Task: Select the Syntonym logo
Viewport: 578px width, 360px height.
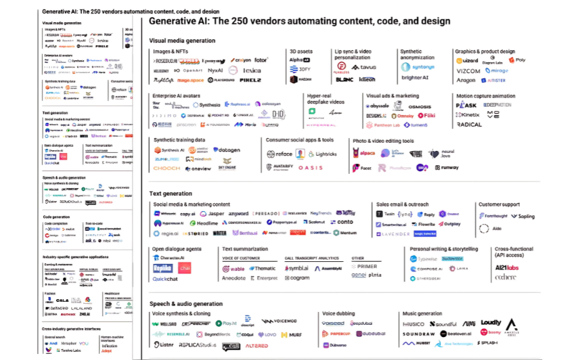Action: (x=418, y=67)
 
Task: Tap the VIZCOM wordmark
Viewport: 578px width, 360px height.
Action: (x=468, y=71)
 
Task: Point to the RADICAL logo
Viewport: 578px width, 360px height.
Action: (x=469, y=125)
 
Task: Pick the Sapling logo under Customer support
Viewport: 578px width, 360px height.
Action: (x=523, y=217)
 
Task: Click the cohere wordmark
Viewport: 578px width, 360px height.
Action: (x=505, y=277)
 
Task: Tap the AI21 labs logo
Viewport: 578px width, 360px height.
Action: (x=506, y=268)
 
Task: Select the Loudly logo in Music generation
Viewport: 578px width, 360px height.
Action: (x=491, y=323)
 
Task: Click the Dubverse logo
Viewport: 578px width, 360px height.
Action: (x=335, y=345)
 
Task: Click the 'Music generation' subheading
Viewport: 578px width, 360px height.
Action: (x=423, y=313)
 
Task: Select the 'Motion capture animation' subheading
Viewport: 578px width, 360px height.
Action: (x=485, y=96)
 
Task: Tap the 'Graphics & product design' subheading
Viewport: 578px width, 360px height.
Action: (x=485, y=51)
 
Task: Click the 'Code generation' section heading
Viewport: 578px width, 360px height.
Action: (x=56, y=217)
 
